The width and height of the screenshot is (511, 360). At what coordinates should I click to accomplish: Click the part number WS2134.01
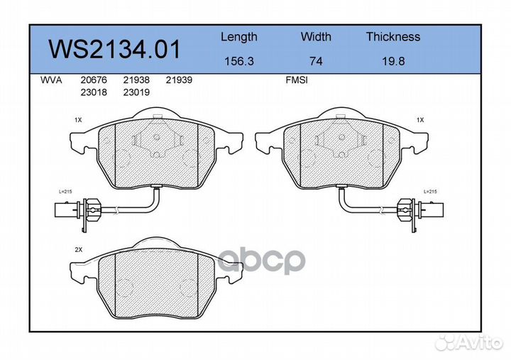coord(114,49)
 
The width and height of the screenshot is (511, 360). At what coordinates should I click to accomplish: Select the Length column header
coord(238,37)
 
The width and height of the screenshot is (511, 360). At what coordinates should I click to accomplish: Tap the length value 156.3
coord(238,61)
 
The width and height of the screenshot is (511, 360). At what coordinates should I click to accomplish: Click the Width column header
coord(316,37)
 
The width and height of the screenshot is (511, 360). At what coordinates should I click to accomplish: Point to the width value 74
coord(316,61)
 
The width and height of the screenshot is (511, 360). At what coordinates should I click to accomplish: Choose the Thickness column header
coord(392,37)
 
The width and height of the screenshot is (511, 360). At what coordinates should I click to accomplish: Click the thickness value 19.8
coord(392,61)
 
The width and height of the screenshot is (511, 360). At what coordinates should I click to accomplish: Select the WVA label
coord(52,81)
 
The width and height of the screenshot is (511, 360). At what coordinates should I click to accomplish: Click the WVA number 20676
coord(95,81)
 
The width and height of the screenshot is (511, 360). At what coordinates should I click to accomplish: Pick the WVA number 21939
coord(179,81)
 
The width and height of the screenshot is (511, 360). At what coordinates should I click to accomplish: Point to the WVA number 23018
coord(95,92)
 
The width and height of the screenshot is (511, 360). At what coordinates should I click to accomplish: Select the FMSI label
coord(295,81)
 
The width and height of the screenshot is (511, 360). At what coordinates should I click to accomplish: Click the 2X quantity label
coord(78,251)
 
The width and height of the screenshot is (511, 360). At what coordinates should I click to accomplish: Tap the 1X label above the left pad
coord(78,121)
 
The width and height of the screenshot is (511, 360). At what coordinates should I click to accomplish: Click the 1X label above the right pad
coord(420,121)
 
